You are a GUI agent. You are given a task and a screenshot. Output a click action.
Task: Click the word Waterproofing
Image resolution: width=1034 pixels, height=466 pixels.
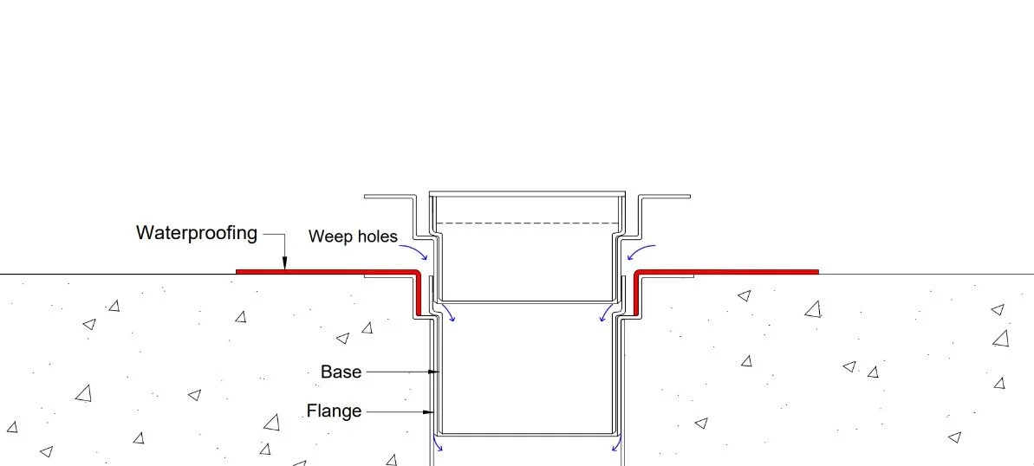[x=197, y=233]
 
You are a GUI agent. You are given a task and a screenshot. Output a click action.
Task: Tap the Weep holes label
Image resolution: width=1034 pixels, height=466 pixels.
[x=354, y=236]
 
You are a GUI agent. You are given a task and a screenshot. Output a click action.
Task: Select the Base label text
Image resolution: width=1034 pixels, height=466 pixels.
[x=341, y=372]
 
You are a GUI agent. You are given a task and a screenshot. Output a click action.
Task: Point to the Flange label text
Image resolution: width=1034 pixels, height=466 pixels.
[x=334, y=411]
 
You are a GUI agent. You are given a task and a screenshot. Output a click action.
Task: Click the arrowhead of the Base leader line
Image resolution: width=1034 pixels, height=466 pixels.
[x=437, y=372]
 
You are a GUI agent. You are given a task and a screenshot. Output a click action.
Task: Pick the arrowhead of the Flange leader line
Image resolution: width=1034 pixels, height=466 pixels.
[x=429, y=411]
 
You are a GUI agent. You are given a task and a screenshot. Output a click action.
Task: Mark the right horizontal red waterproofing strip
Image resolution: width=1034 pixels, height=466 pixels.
[x=728, y=272]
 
